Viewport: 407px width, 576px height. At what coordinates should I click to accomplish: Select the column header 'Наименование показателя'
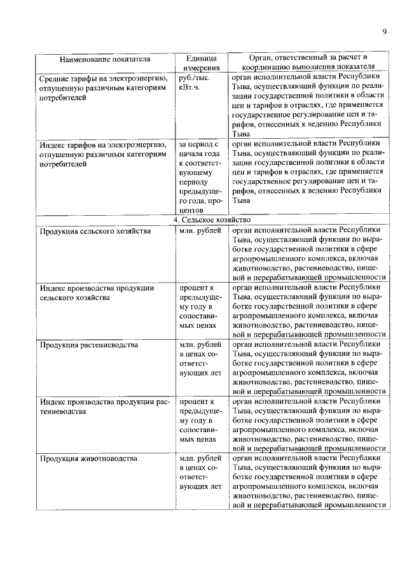(x=105, y=60)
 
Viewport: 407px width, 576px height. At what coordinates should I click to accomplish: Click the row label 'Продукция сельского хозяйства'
(x=95, y=231)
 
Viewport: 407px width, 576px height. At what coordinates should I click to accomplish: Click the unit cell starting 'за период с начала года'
(x=200, y=175)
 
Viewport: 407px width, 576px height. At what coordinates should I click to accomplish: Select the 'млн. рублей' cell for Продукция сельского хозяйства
(x=200, y=231)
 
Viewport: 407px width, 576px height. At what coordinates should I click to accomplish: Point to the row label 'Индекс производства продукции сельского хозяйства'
(x=97, y=293)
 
